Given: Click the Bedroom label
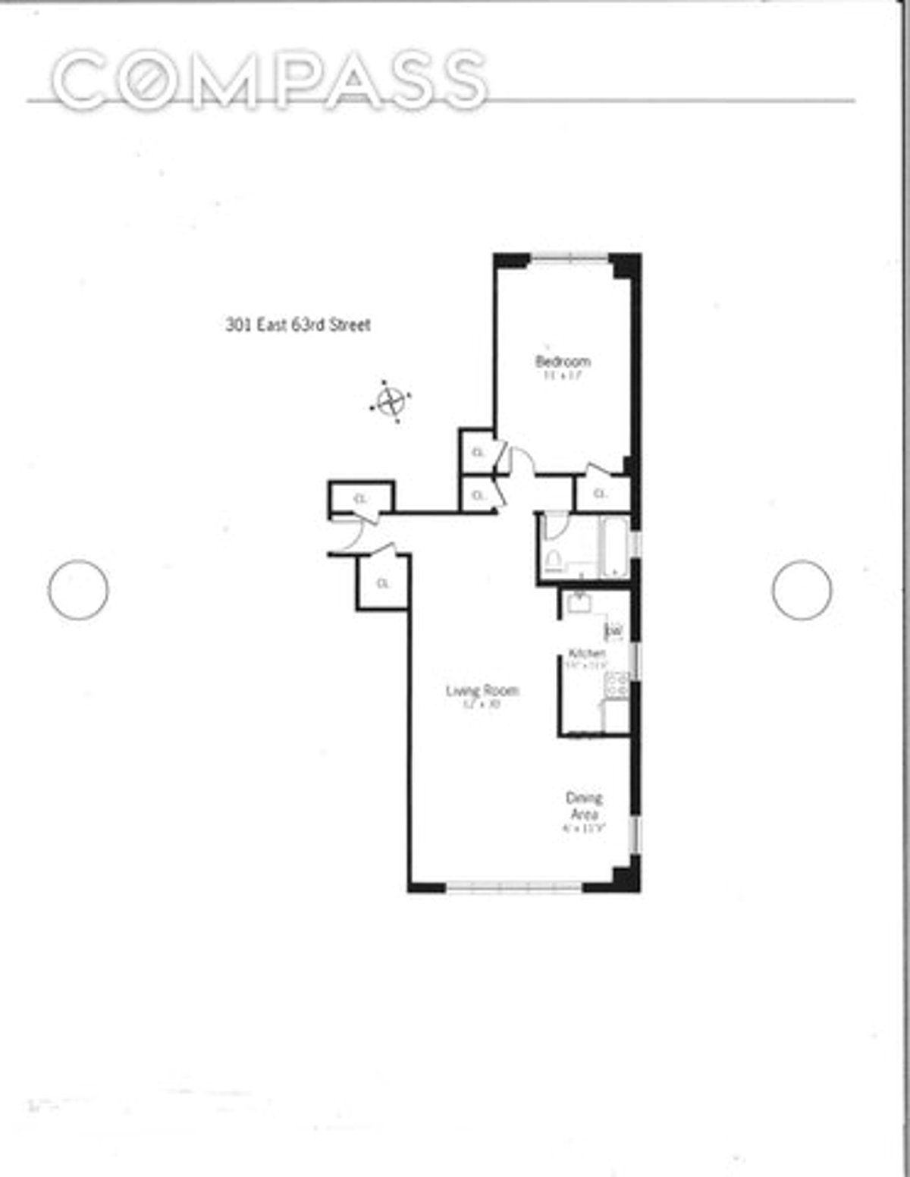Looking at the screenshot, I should tap(563, 361).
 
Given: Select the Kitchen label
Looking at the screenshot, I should tap(587, 653).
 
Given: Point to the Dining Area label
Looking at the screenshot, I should tap(584, 806).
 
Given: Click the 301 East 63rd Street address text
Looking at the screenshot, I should tap(298, 325).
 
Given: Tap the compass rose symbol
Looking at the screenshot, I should tap(391, 400).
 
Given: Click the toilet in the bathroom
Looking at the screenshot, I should tap(552, 560).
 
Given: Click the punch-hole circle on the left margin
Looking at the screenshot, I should tap(78, 589).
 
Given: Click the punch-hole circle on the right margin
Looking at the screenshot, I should tap(802, 589).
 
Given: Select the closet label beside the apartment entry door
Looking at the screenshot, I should tap(361, 498).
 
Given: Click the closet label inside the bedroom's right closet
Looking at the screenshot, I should tap(600, 494).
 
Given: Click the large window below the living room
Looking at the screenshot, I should tap(514, 885).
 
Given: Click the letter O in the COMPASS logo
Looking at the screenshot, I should tap(144, 79).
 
